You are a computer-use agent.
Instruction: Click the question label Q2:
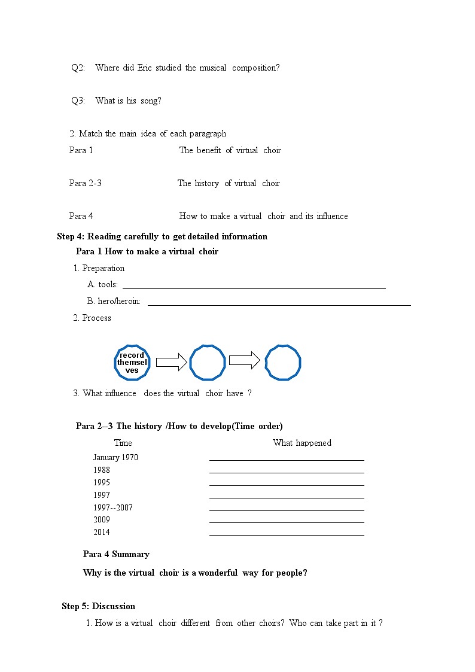click(x=78, y=68)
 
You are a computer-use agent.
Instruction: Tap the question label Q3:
click(x=78, y=101)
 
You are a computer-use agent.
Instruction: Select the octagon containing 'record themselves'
click(x=132, y=363)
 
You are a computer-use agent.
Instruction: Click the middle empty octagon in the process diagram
click(x=208, y=363)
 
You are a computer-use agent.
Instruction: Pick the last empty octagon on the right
click(x=283, y=363)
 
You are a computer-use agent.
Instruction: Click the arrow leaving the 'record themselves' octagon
click(x=171, y=362)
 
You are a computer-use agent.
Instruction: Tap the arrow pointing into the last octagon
click(x=244, y=360)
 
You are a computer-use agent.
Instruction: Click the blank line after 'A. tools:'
click(x=254, y=288)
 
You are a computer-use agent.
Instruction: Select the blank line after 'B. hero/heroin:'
click(x=279, y=305)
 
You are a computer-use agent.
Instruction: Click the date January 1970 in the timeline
click(x=115, y=457)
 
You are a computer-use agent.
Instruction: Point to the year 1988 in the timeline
click(x=102, y=470)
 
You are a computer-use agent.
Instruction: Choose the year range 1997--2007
click(x=113, y=507)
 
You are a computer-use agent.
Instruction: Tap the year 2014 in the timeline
click(x=102, y=532)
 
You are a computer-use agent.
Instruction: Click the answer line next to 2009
click(x=287, y=522)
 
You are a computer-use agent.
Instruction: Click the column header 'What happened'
click(x=302, y=443)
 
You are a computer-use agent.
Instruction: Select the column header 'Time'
click(x=123, y=443)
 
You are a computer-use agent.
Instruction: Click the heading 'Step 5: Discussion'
click(x=99, y=606)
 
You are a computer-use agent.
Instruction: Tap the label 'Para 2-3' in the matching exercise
click(x=86, y=183)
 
